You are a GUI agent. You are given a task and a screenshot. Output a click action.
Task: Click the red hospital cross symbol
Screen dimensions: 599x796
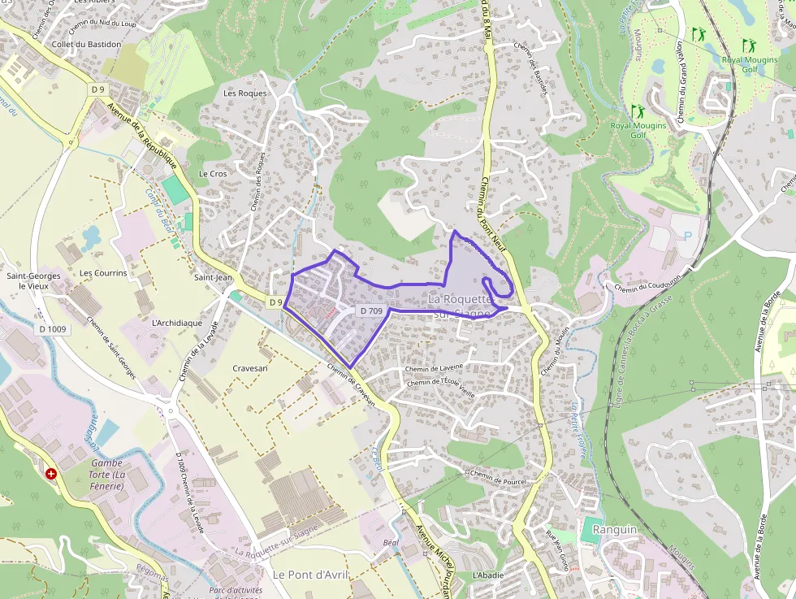51,473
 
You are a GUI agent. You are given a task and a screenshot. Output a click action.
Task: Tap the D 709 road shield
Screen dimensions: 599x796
370,311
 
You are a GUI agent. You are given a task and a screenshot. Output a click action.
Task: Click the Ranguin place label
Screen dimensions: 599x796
615,529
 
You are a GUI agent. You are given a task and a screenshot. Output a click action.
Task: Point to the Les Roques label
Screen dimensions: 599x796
244,93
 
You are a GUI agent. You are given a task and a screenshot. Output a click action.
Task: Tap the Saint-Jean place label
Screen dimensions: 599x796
213,278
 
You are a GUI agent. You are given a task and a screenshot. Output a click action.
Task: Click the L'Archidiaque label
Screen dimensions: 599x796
177,323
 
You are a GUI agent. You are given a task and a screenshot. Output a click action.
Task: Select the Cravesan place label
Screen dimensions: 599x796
249,368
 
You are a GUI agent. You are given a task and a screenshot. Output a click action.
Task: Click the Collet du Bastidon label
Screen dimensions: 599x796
85,44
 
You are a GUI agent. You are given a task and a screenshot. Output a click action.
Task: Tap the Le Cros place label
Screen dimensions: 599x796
213,174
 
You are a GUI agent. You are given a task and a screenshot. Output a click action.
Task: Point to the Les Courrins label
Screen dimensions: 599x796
103,273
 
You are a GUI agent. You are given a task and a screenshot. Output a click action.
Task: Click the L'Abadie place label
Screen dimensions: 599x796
487,575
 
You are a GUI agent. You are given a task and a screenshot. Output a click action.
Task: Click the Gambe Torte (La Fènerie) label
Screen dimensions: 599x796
106,475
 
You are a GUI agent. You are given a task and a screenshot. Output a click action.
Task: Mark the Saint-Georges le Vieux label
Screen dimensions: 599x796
33,280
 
